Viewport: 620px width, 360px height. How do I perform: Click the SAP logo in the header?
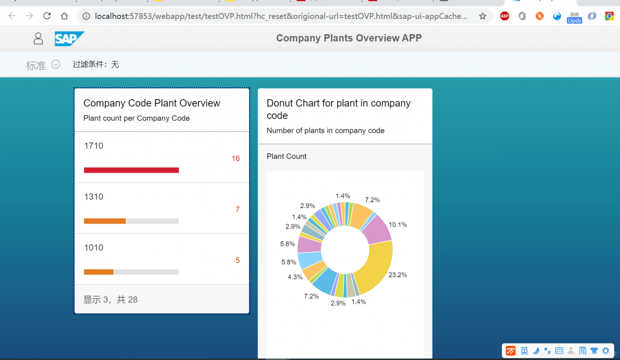pos(69,38)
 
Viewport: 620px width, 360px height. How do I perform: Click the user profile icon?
pos(38,38)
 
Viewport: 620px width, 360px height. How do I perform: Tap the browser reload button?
pos(47,16)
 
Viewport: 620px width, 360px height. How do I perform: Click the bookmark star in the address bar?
pos(482,16)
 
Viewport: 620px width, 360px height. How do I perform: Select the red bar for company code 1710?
pos(131,170)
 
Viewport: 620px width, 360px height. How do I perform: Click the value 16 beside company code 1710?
pos(235,158)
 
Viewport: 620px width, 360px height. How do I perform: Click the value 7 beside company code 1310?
pos(237,209)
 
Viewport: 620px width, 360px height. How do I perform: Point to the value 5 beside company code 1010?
pos(237,260)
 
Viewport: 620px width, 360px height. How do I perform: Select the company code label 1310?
pos(93,197)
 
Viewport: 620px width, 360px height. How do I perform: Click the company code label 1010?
pos(93,248)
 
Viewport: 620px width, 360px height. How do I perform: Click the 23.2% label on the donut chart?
pos(398,275)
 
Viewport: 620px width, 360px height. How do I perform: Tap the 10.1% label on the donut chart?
pos(398,224)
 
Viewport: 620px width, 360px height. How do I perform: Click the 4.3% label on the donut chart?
pos(295,277)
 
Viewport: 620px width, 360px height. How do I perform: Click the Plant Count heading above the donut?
pos(287,156)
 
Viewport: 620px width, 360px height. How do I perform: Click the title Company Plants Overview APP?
pos(349,38)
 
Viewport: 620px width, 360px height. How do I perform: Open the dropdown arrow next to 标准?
pos(56,64)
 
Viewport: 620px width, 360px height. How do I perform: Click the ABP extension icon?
pos(505,16)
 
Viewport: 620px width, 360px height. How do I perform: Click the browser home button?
pos(64,16)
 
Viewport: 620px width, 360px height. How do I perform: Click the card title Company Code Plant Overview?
pos(152,103)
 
